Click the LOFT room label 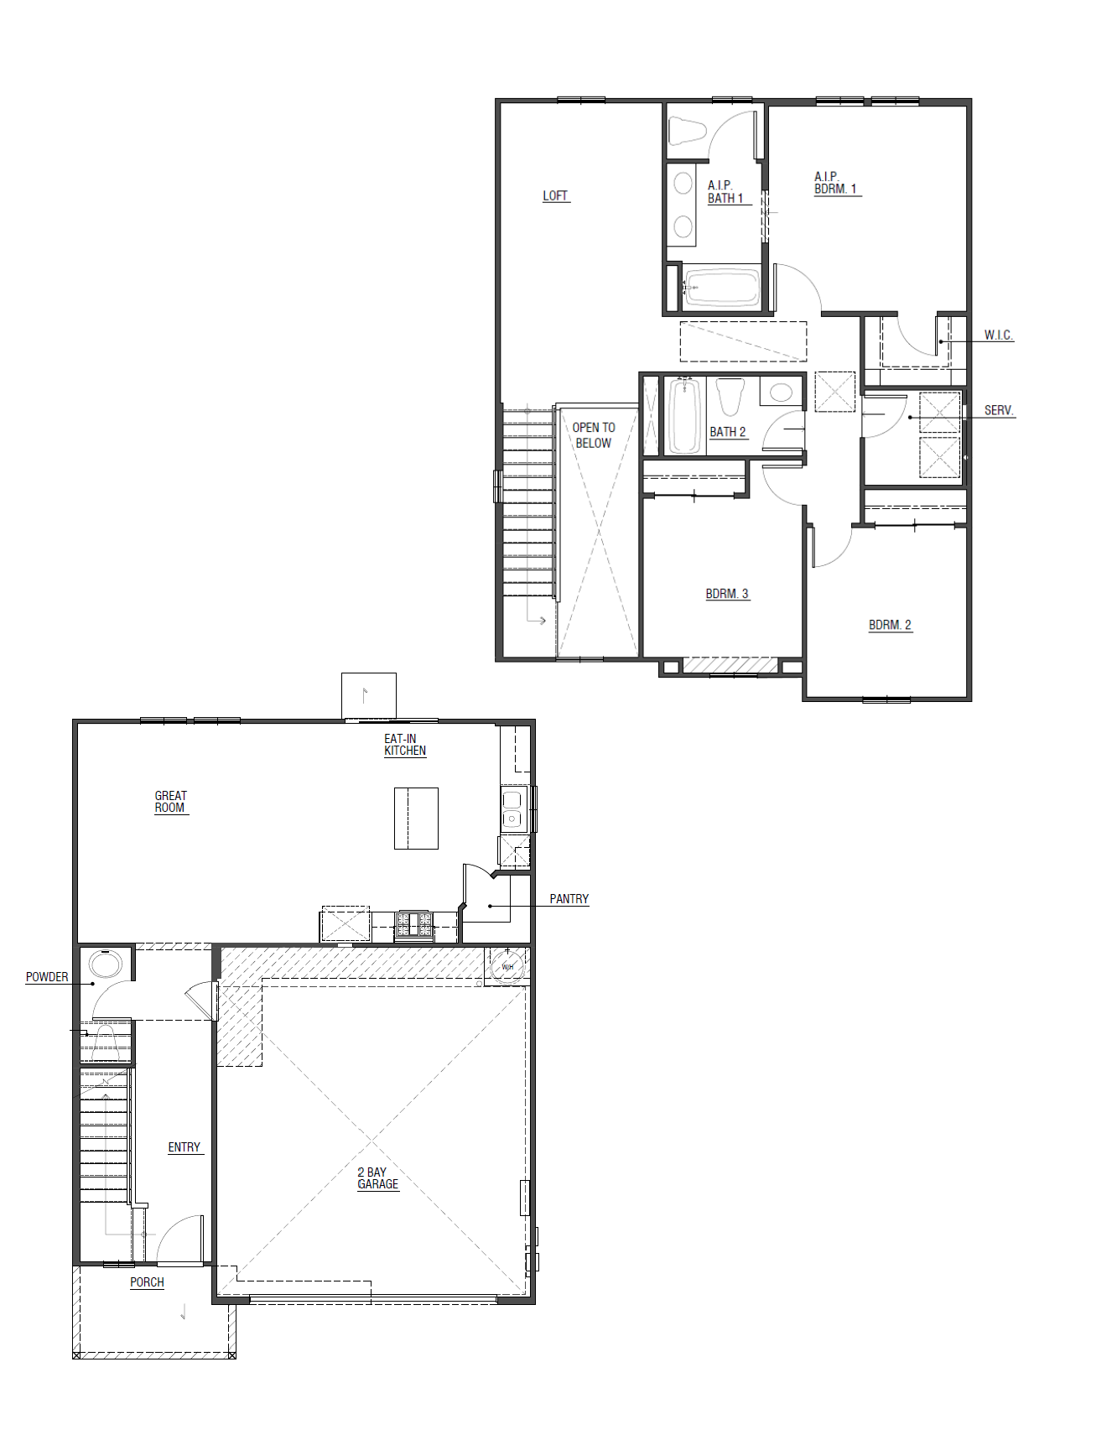point(555,195)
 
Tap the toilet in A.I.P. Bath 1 point(687,131)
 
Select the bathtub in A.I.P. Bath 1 point(722,288)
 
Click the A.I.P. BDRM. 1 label point(835,183)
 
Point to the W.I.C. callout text point(998,335)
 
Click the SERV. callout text point(999,410)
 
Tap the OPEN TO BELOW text point(594,434)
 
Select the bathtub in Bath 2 point(684,416)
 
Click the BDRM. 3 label point(726,594)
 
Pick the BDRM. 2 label point(890,625)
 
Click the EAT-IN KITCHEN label point(404,745)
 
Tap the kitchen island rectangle point(416,818)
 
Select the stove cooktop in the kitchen point(414,925)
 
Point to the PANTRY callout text point(569,898)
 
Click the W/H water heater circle point(507,966)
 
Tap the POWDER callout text point(47,976)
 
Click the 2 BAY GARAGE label point(377,1178)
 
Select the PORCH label point(147,1281)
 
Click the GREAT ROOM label point(170,802)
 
